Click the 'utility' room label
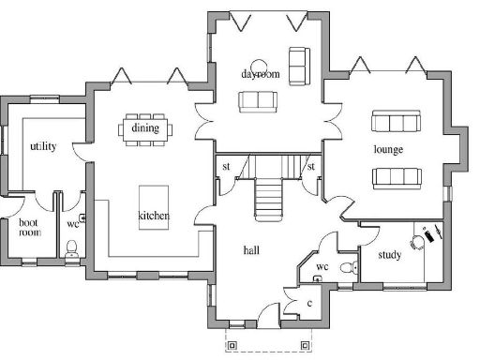43,146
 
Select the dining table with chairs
144,129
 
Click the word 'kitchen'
154,217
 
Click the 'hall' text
251,250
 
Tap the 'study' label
390,255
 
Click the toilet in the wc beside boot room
73,248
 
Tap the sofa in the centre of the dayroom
256,100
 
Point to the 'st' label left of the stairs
226,168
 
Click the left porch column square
234,344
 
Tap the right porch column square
305,344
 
